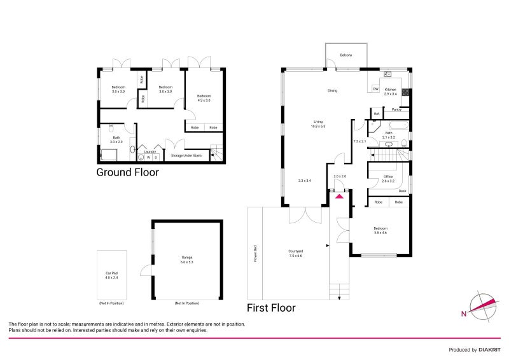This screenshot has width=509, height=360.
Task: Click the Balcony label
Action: coord(346,55)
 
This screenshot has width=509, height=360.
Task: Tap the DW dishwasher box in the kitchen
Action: coord(376,88)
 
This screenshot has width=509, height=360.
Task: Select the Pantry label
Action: coord(396,109)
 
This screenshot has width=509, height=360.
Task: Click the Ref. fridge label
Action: coord(377,114)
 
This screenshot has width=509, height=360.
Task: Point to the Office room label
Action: coord(387,177)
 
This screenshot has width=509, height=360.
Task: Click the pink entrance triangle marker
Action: coord(340,197)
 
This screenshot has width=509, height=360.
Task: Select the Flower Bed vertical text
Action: coord(254,253)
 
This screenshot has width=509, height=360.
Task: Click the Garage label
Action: coord(186,258)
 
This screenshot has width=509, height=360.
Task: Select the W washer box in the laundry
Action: coord(148,158)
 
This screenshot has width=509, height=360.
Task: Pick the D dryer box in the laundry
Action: coord(156,158)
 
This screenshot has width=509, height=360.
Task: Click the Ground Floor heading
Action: coord(127,172)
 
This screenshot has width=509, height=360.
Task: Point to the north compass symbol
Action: coord(483,306)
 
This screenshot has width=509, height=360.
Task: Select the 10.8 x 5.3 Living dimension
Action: coord(318,126)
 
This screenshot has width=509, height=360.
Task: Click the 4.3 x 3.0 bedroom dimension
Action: coord(204,100)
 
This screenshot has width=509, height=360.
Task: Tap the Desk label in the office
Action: coord(402,191)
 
